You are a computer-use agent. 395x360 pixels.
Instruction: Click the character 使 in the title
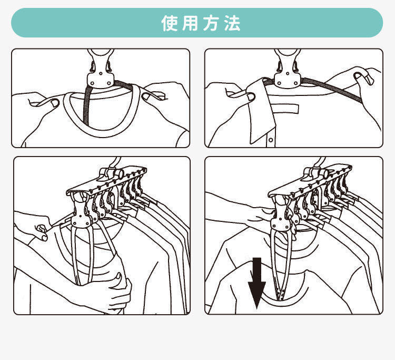pyautogui.click(x=170, y=24)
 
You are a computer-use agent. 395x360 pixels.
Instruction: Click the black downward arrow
pyautogui.click(x=256, y=282)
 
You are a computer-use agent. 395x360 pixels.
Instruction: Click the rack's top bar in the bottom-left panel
pyautogui.click(x=105, y=182)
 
